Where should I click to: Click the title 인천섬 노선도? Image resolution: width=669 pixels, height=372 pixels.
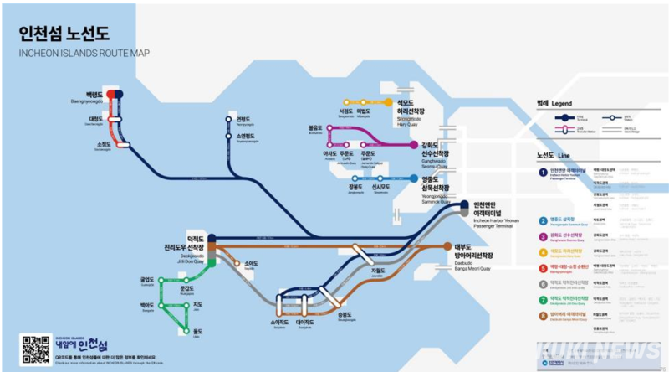point(64,35)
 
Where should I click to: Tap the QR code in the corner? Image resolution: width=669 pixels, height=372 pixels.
point(36,348)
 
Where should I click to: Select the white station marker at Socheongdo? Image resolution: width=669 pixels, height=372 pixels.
point(124,144)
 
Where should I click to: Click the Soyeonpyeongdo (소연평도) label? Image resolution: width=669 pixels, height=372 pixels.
point(247,137)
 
